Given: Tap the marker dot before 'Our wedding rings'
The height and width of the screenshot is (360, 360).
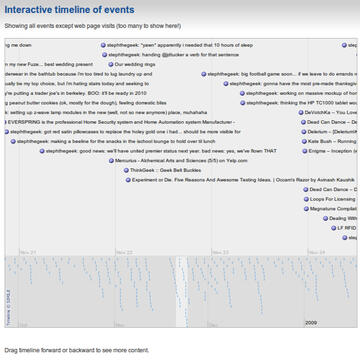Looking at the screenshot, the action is click(110, 62).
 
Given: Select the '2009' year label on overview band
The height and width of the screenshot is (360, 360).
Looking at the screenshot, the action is click(311, 322).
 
